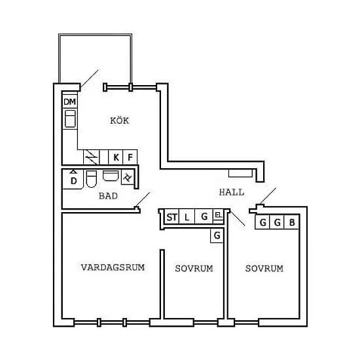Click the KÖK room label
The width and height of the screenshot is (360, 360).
[x=119, y=120]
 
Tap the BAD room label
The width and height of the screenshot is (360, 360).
[x=108, y=196]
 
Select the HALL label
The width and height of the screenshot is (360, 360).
[x=232, y=192]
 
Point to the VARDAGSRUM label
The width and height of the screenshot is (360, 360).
[x=113, y=267]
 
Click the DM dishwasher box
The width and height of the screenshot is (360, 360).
[x=70, y=101]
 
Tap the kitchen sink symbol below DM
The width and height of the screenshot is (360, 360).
[x=70, y=118]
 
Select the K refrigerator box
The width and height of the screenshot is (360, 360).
[x=116, y=157]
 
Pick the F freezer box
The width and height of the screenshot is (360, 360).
[x=130, y=157]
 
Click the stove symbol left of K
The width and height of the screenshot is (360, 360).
[x=92, y=157]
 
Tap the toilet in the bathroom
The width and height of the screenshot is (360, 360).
[x=92, y=179]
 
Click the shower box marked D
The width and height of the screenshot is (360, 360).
[x=73, y=179]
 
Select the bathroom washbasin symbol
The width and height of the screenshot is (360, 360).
[x=111, y=175]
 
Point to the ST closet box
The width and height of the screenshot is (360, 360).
[x=172, y=217]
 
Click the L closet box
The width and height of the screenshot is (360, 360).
[x=187, y=217]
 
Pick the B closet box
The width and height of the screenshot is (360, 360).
[x=291, y=223]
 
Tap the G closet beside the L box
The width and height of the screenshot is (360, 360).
[x=204, y=217]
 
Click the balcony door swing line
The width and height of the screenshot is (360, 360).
[x=90, y=79]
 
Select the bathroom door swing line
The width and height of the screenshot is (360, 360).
[x=143, y=200]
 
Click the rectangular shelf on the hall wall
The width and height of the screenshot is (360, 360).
[x=240, y=173]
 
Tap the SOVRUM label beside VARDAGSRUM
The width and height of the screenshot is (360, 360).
[x=194, y=268]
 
